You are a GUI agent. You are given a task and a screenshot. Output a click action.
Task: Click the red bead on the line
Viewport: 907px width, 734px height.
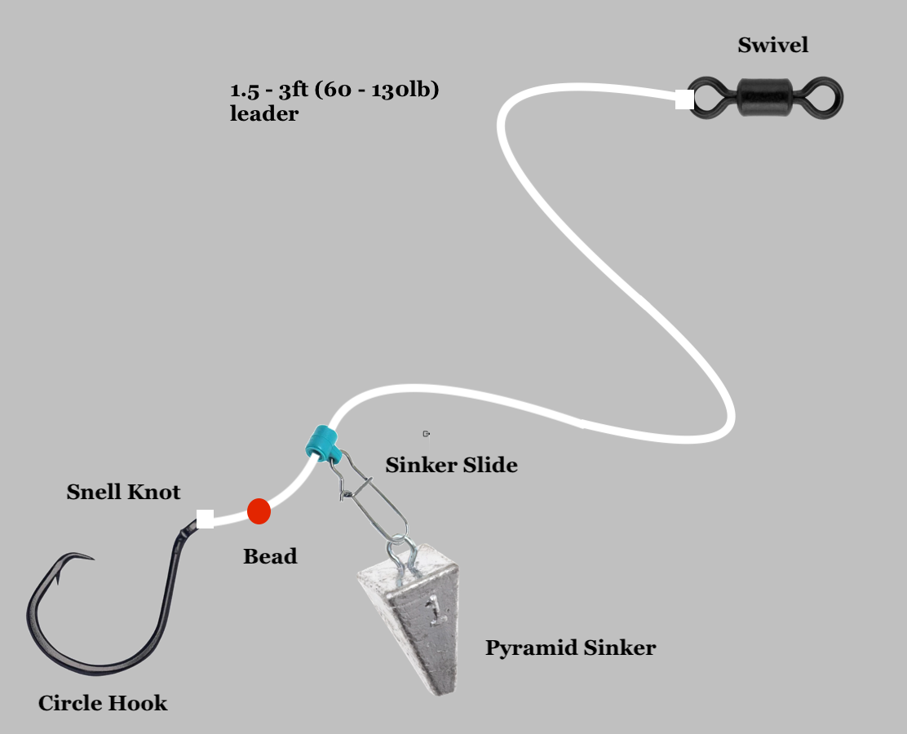coord(259,511)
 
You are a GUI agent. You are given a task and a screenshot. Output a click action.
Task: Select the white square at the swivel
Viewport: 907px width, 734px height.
coord(684,99)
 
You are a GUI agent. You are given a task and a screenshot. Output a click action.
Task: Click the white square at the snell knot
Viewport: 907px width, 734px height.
coord(206,519)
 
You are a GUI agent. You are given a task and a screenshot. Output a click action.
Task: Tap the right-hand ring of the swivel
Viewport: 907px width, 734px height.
coord(825,99)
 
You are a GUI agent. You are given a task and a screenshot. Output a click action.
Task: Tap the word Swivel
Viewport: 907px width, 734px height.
coord(772,45)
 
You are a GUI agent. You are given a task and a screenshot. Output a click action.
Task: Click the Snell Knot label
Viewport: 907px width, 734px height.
coord(123,493)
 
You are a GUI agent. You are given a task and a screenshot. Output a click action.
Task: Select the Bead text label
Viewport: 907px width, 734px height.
coord(270,557)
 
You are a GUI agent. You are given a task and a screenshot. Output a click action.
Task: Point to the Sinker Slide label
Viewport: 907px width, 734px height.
coord(451,466)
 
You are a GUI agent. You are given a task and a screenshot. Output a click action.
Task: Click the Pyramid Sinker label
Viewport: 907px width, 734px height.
coord(570,648)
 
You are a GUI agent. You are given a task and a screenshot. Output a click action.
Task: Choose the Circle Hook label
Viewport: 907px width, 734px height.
coord(103,703)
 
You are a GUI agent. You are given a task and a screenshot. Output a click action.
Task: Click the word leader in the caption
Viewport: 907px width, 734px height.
coord(264,114)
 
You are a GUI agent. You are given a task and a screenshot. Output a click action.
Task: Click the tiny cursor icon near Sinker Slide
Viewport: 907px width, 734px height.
coord(426,434)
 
